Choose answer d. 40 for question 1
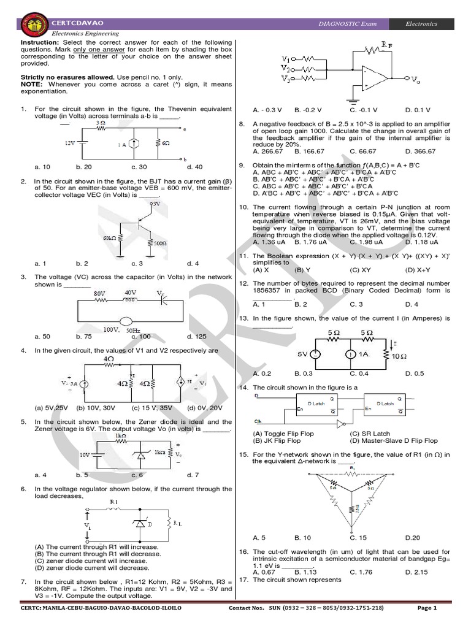click(194, 167)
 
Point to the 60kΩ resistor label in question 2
click(110, 237)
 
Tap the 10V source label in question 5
click(84, 455)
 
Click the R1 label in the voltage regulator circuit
click(113, 502)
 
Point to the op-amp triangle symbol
click(372, 77)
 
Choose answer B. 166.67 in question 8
click(310, 151)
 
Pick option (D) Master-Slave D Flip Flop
click(394, 440)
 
